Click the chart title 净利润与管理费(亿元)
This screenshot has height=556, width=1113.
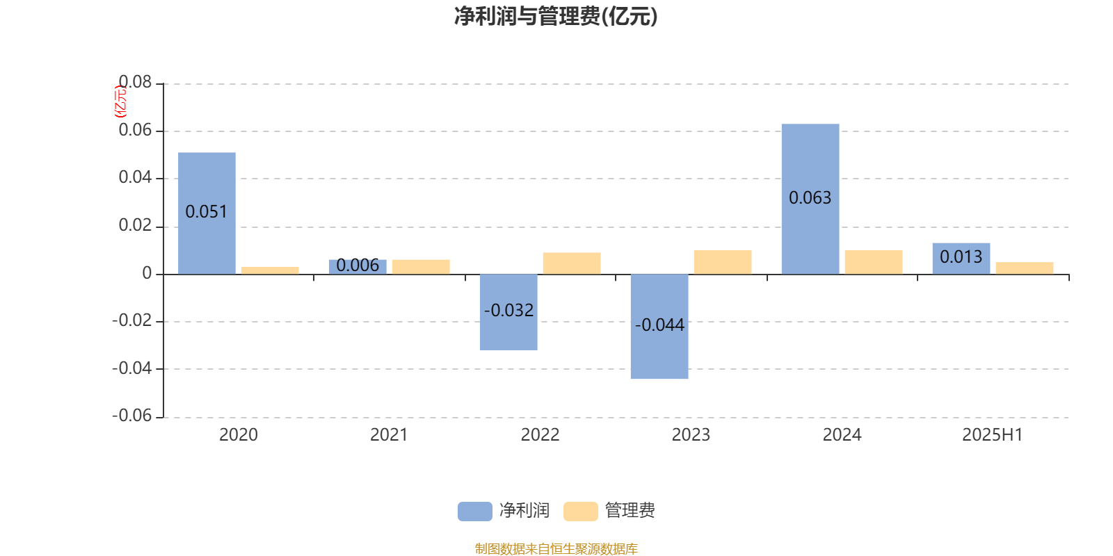click(556, 16)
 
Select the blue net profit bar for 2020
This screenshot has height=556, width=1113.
click(207, 213)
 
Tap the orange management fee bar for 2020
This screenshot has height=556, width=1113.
click(270, 270)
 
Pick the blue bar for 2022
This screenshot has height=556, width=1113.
click(509, 312)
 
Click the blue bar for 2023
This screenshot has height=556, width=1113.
click(659, 327)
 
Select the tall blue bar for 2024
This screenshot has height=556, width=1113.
click(810, 199)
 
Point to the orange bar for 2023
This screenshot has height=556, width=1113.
click(723, 262)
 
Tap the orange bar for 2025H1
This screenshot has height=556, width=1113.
click(1025, 268)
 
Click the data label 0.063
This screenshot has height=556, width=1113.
click(810, 198)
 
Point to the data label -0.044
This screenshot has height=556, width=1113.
click(659, 325)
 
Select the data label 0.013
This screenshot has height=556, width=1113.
click(961, 257)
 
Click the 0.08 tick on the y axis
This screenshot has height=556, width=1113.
click(135, 82)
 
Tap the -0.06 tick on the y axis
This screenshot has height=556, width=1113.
click(131, 416)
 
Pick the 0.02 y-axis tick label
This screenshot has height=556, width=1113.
click(135, 225)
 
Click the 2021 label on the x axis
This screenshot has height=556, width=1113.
click(389, 435)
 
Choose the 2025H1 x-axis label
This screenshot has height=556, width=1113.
click(993, 435)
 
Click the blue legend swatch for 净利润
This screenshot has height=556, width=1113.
click(475, 512)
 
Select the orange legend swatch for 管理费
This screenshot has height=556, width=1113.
click(580, 512)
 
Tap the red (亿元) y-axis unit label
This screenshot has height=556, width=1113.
click(121, 101)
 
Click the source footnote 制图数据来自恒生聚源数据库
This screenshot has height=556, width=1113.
click(556, 548)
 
